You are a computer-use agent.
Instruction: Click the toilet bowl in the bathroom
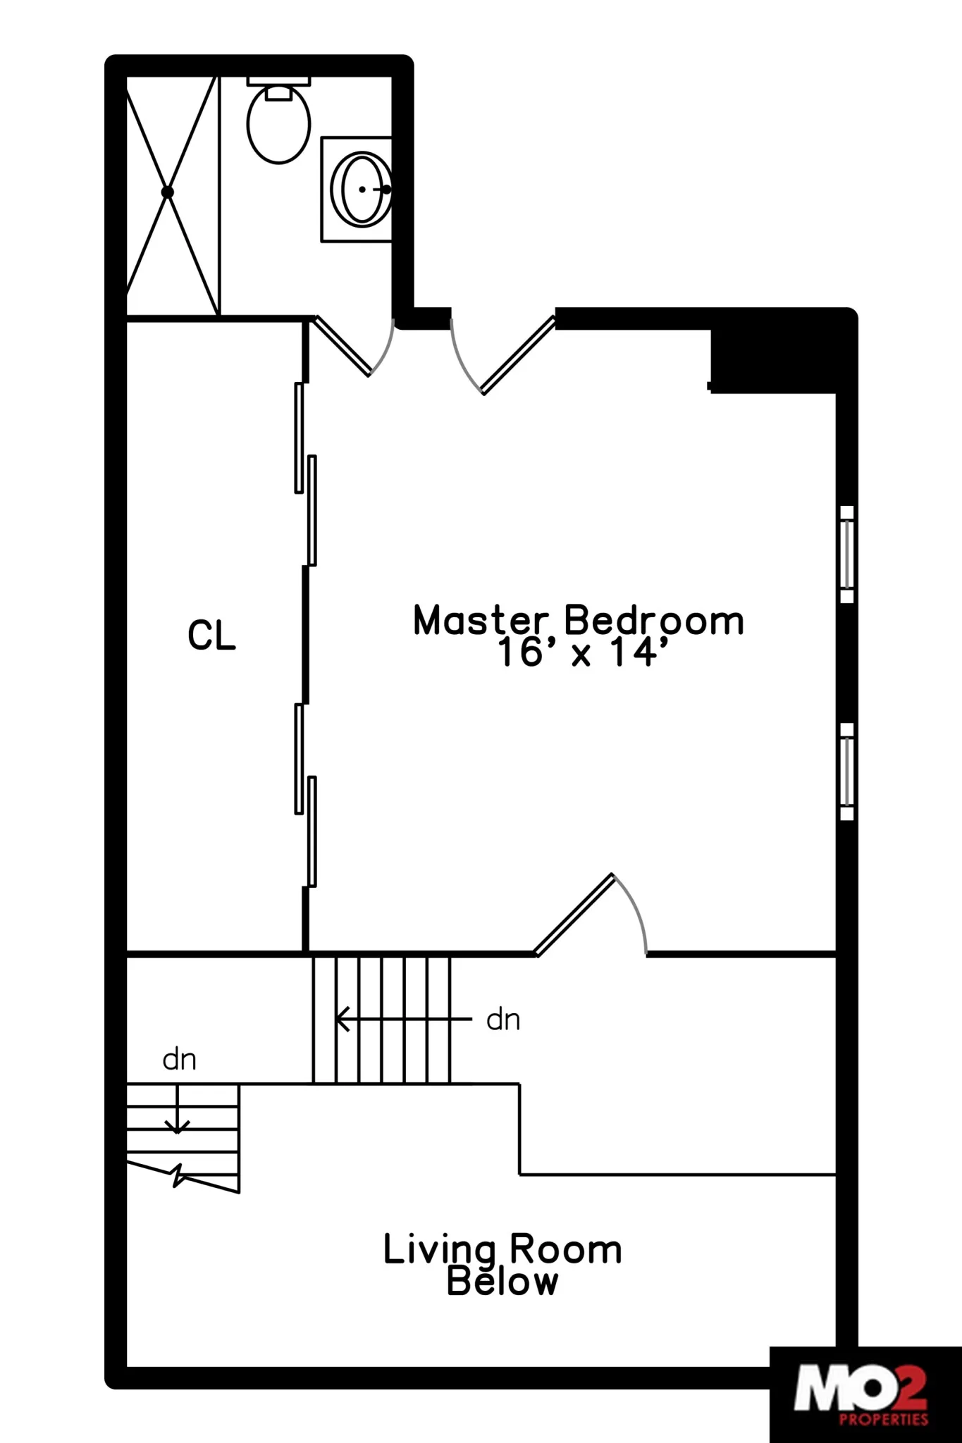click(278, 125)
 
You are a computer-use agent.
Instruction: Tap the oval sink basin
click(362, 190)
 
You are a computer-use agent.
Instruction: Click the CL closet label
click(211, 636)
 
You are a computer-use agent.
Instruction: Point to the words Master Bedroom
click(578, 621)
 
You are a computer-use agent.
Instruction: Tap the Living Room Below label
click(502, 1265)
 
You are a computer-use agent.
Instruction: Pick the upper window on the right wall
click(847, 554)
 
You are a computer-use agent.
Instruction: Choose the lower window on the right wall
click(847, 772)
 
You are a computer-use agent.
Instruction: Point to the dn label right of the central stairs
click(503, 1020)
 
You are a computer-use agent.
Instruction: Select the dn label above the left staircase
click(179, 1059)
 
